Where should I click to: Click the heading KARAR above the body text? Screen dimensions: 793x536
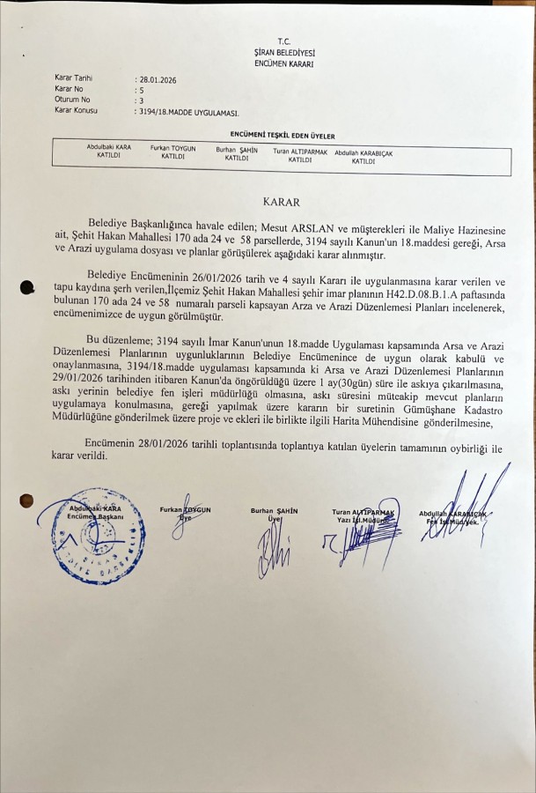(281, 202)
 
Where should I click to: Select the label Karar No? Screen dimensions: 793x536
(69, 90)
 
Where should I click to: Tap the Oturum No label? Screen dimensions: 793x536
(72, 100)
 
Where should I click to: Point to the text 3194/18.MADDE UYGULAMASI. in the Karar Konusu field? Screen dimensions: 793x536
(187, 112)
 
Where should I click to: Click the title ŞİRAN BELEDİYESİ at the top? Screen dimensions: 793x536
(283, 53)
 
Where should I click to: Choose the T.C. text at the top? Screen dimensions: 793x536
(283, 41)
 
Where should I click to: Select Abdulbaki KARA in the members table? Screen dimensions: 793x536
(108, 147)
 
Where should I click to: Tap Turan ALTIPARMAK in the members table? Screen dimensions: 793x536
(300, 152)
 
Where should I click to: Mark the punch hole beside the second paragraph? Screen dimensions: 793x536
(26, 287)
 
